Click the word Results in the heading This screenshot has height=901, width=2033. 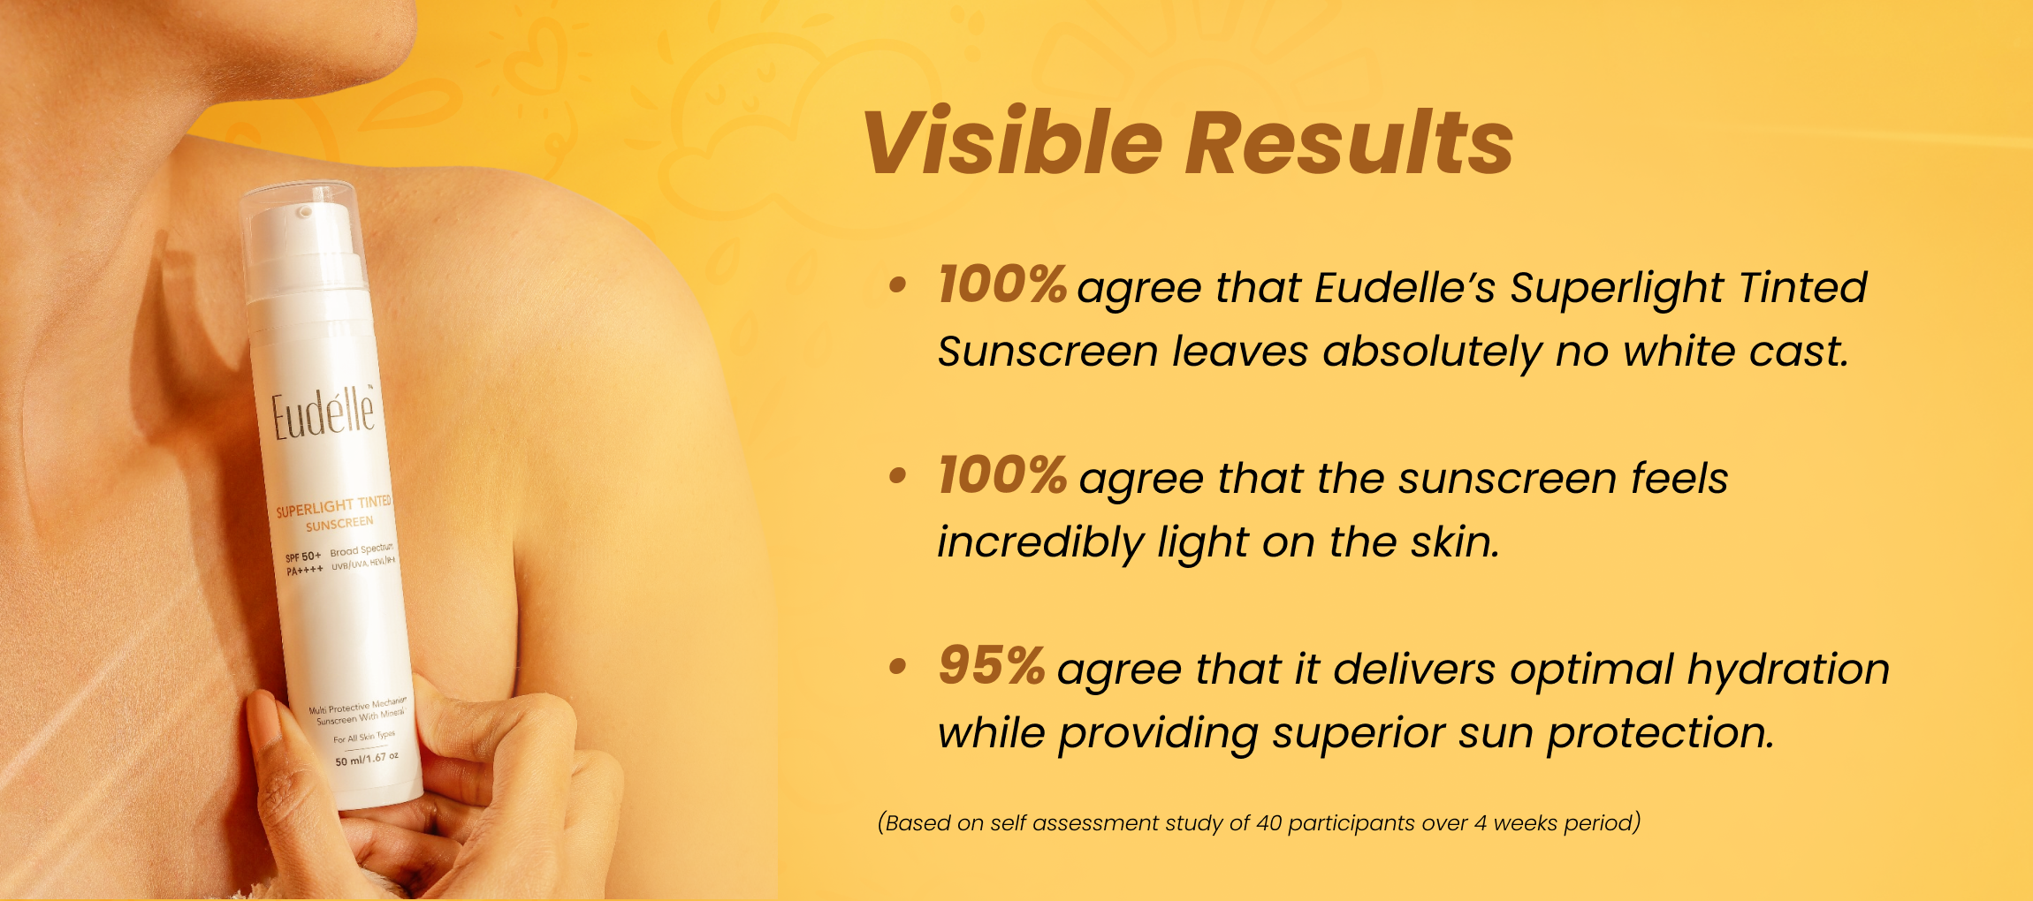pos(1349,142)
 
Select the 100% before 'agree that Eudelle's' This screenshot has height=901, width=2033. pos(1002,284)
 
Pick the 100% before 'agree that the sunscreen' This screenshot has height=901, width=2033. pos(1002,475)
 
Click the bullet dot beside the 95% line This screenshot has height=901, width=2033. pos(898,667)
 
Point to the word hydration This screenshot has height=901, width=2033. pos(1788,669)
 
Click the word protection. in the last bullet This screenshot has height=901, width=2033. pos(1660,734)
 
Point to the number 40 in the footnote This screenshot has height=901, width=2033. pos(1268,823)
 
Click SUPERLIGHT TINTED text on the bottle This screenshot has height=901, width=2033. pos(333,506)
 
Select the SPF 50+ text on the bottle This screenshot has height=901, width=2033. pos(302,556)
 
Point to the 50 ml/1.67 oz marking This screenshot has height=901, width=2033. pos(367,759)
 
